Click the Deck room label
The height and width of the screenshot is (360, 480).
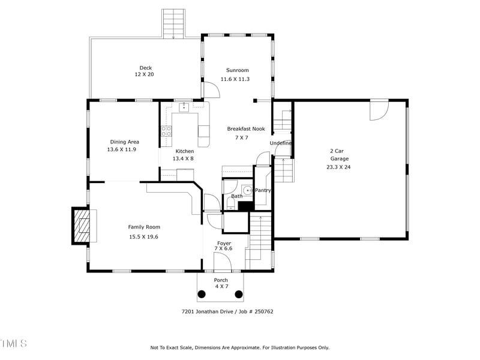pos(146,68)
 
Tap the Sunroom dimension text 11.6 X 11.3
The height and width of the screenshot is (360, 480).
pos(237,79)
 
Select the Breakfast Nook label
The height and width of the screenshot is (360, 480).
pos(245,129)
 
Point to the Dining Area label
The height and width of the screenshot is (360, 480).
pos(124,142)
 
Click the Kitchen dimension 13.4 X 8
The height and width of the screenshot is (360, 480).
pos(183,158)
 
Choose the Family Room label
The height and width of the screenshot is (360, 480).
pos(144,227)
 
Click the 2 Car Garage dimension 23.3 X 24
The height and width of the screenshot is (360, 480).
pos(339,167)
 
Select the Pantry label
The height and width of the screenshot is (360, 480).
pos(263,190)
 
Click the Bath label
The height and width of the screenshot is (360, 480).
pos(236,196)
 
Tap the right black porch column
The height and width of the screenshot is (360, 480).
pos(239,294)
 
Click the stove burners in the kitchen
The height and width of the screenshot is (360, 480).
pos(166,131)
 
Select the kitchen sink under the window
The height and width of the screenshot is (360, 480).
pos(184,108)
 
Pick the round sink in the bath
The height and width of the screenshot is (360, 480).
pos(246,190)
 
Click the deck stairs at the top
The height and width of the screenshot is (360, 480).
pos(173,23)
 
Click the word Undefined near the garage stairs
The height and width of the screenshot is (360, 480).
pos(281,143)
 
